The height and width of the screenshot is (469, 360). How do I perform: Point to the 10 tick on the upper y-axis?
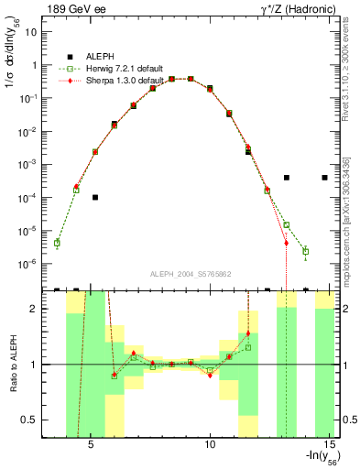click(x=30, y=32)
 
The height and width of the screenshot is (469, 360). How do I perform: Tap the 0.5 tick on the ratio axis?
click(x=29, y=420)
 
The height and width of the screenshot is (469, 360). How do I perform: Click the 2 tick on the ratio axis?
click(x=33, y=309)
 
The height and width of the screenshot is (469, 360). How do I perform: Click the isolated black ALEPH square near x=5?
click(x=95, y=197)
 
